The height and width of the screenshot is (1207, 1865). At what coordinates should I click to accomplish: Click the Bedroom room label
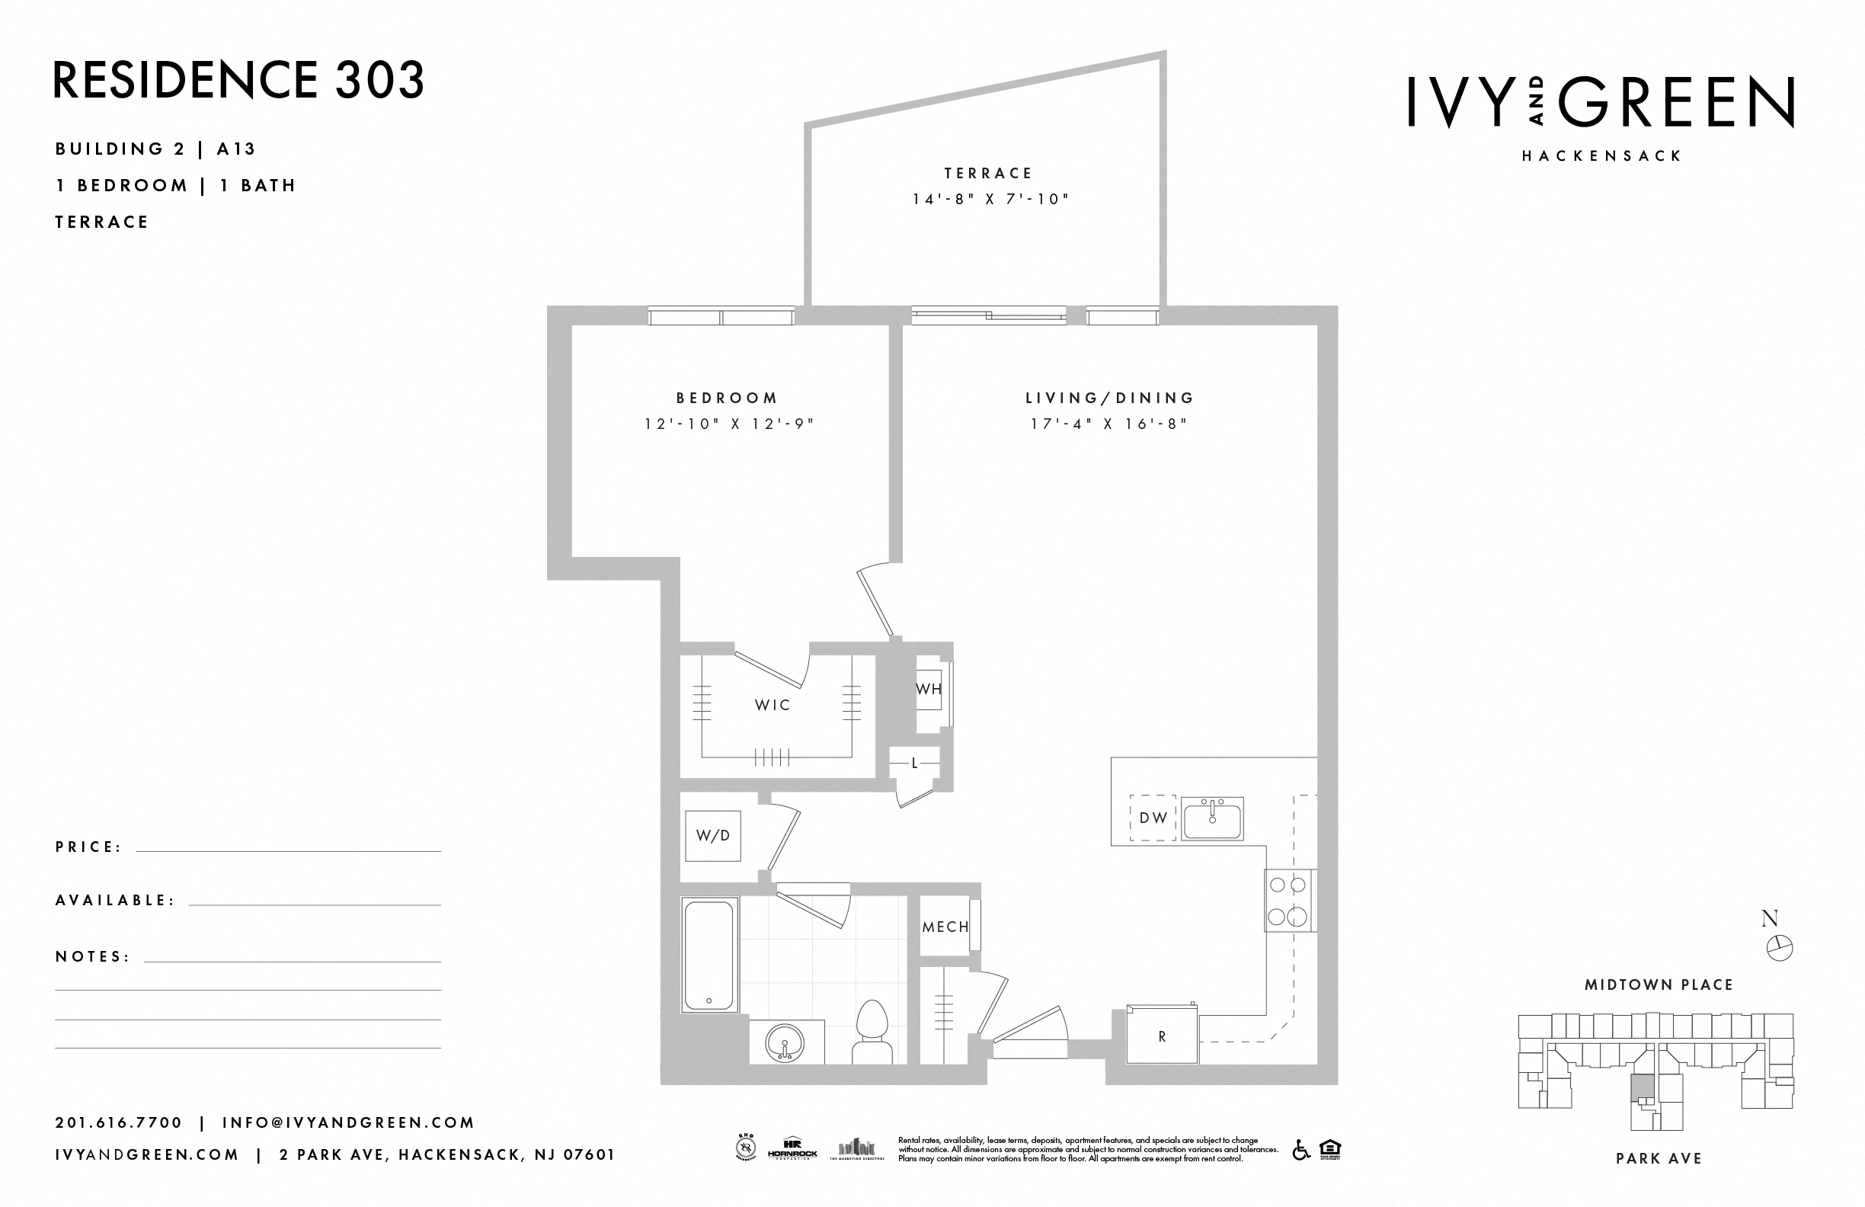pyautogui.click(x=728, y=399)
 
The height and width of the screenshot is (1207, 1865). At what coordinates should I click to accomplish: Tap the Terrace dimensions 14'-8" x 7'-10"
pyautogui.click(x=990, y=199)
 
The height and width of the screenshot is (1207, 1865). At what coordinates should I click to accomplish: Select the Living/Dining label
pyautogui.click(x=1109, y=399)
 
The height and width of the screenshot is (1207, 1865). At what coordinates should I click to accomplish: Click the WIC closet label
pyautogui.click(x=773, y=705)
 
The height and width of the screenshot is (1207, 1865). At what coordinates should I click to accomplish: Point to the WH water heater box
pyautogui.click(x=929, y=690)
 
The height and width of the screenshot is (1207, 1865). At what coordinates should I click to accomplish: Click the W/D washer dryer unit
pyautogui.click(x=712, y=835)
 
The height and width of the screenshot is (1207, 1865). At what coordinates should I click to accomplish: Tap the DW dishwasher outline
pyautogui.click(x=1153, y=818)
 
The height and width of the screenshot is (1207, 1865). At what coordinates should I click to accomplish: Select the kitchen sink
pyautogui.click(x=1212, y=819)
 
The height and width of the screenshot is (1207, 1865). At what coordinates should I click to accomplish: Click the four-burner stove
pyautogui.click(x=1289, y=900)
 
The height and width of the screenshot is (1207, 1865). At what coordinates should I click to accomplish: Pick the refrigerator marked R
pyautogui.click(x=1162, y=1036)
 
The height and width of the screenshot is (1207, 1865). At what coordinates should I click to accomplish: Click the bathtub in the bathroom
pyautogui.click(x=709, y=955)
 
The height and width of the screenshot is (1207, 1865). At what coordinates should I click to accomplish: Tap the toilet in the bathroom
pyautogui.click(x=872, y=1033)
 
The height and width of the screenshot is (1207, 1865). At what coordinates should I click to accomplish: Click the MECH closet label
pyautogui.click(x=945, y=927)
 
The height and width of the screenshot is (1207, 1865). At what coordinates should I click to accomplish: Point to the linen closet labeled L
pyautogui.click(x=914, y=763)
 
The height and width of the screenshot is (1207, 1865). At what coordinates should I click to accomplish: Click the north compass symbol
pyautogui.click(x=1779, y=948)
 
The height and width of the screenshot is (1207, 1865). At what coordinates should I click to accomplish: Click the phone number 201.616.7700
pyautogui.click(x=118, y=1122)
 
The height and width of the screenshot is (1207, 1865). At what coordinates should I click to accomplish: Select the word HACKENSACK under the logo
pyautogui.click(x=1601, y=155)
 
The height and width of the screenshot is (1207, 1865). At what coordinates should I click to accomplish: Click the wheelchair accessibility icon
pyautogui.click(x=1300, y=1151)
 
